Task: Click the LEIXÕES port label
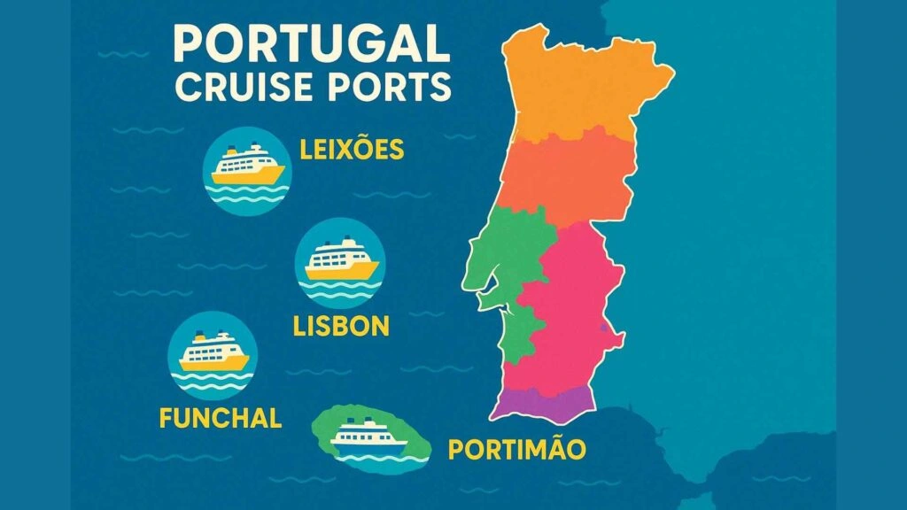point(352,150)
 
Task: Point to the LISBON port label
point(341,326)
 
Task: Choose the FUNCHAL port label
point(221,417)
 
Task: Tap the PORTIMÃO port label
point(516,449)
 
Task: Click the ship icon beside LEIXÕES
point(248,166)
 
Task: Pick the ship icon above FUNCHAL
point(213,355)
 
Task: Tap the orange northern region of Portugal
point(585,84)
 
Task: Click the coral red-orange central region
point(567,177)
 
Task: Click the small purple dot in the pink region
point(605,330)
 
